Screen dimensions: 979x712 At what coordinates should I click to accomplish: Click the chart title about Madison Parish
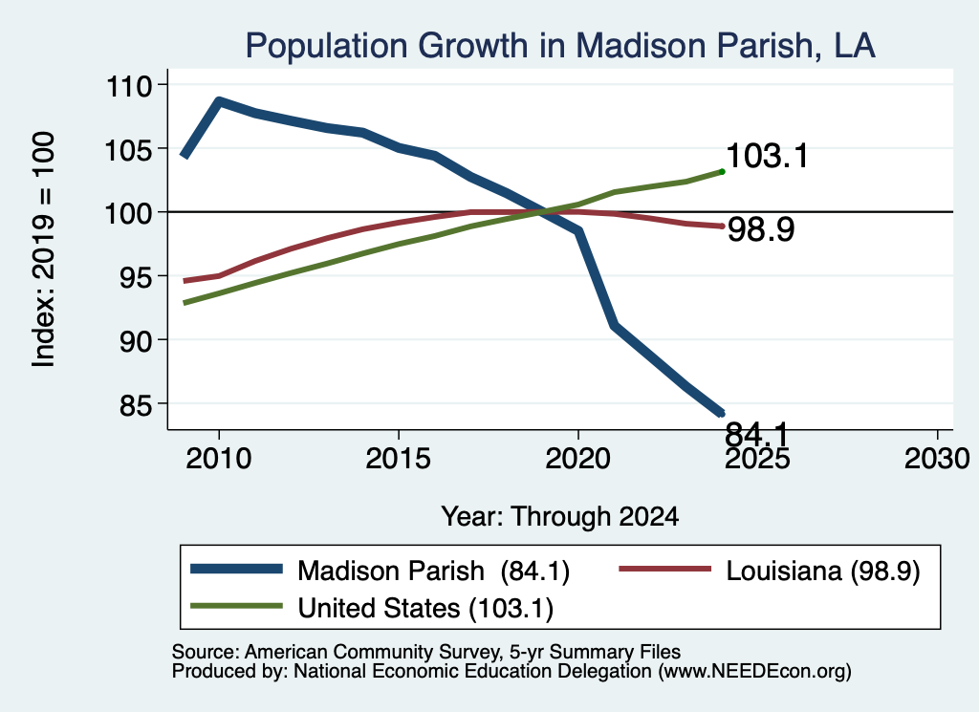pyautogui.click(x=560, y=46)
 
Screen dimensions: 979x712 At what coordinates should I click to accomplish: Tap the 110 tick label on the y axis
pyautogui.click(x=129, y=85)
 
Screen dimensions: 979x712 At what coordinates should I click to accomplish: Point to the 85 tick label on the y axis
pyautogui.click(x=136, y=405)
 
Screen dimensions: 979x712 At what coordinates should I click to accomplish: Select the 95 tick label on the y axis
pyautogui.click(x=136, y=277)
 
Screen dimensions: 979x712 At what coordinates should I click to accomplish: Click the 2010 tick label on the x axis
pyautogui.click(x=219, y=459)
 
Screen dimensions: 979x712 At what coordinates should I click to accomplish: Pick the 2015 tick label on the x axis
pyautogui.click(x=399, y=459)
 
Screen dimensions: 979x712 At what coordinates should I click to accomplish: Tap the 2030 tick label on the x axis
pyautogui.click(x=937, y=459)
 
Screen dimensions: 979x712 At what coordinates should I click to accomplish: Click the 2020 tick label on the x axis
pyautogui.click(x=578, y=459)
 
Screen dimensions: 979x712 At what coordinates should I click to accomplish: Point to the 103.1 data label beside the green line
pyautogui.click(x=768, y=156)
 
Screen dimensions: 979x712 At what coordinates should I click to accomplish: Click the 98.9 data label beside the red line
pyautogui.click(x=761, y=229)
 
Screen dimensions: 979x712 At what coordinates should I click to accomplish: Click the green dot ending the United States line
pyautogui.click(x=723, y=172)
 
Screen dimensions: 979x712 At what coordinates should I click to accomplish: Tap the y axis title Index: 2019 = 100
pyautogui.click(x=43, y=249)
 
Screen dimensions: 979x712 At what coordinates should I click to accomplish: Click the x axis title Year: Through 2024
pyautogui.click(x=560, y=517)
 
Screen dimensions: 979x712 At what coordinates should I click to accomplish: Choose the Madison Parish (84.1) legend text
pyautogui.click(x=433, y=571)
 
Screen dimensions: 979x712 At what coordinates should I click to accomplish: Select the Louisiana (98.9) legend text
pyautogui.click(x=823, y=571)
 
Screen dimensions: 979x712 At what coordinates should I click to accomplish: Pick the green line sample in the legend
pyautogui.click(x=236, y=606)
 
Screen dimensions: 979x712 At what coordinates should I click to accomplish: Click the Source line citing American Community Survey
pyautogui.click(x=425, y=652)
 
